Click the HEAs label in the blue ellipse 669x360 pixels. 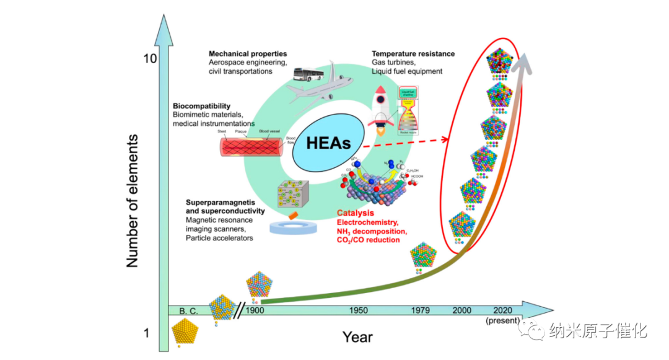pyautogui.click(x=328, y=144)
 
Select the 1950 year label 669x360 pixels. pyautogui.click(x=358, y=310)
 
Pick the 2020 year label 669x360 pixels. pyautogui.click(x=502, y=310)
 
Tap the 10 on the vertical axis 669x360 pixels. pyautogui.click(x=149, y=59)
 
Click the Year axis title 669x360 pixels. pyautogui.click(x=357, y=337)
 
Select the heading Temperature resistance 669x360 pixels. pyautogui.click(x=413, y=54)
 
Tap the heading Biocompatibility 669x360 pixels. pyautogui.click(x=201, y=106)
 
